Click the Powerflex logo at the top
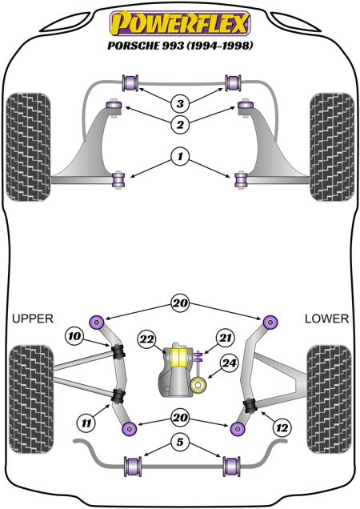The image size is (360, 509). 180,22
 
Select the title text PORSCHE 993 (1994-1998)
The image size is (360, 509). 180,46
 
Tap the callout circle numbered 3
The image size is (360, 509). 180,103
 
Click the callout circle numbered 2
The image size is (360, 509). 180,124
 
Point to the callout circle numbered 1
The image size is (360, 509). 180,157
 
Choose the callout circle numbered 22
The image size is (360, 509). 146,339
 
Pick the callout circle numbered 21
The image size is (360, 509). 226,338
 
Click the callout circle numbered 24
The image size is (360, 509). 229,363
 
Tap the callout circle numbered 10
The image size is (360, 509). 74,335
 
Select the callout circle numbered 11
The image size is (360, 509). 86,423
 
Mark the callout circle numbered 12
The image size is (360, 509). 282,428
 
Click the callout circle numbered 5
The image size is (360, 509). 180,442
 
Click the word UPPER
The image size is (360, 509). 33,319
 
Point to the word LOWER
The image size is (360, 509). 326,319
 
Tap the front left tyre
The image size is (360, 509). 29,147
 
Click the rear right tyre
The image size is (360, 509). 329,399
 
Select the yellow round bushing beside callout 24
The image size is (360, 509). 198,386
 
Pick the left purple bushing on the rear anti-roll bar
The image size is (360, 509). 133,467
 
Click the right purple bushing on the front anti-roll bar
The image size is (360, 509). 233,83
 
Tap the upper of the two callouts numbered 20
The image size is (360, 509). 180,303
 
